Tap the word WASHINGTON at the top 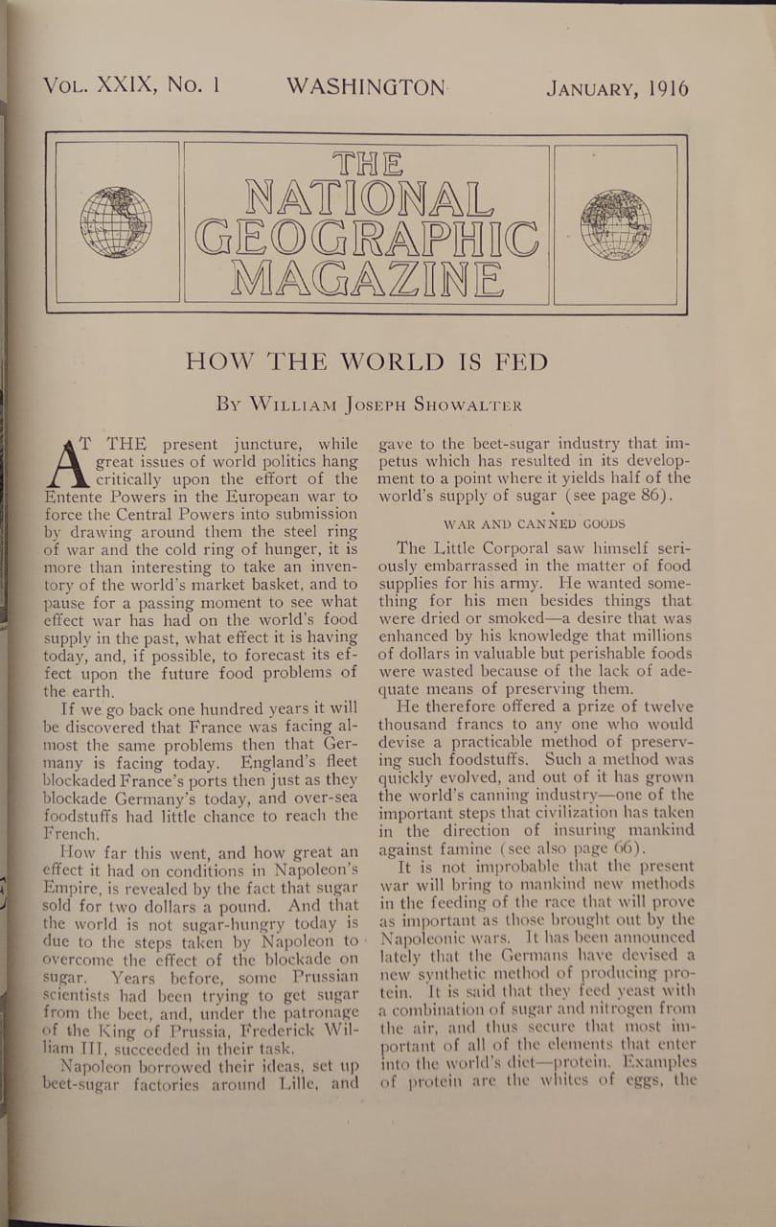[x=365, y=87]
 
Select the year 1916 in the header [x=667, y=89]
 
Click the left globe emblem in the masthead [x=116, y=222]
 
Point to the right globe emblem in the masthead [x=616, y=224]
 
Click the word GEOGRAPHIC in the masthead [x=366, y=238]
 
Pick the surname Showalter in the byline [x=468, y=405]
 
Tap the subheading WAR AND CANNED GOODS [x=534, y=523]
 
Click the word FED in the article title [x=523, y=361]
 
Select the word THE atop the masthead [x=367, y=162]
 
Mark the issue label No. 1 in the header [x=194, y=85]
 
